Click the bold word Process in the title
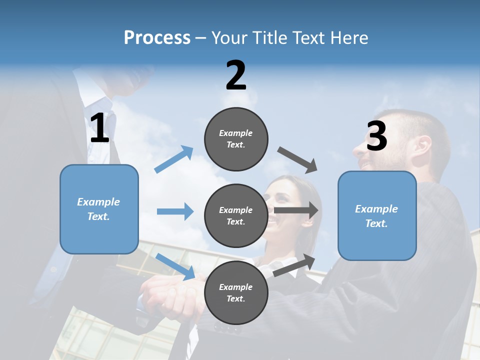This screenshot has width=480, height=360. click(x=157, y=38)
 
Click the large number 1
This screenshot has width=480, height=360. click(x=99, y=128)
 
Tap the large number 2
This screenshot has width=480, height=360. click(x=236, y=75)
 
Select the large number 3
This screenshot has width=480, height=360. click(x=376, y=136)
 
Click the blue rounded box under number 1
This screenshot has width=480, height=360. click(x=99, y=209)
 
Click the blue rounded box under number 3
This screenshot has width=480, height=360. click(x=377, y=216)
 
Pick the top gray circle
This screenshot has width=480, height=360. click(x=236, y=139)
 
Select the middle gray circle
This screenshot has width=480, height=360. click(x=236, y=215)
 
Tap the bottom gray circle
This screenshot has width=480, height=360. click(x=236, y=292)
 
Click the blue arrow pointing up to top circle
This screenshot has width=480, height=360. click(x=174, y=159)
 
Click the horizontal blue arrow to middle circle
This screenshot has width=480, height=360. click(x=175, y=211)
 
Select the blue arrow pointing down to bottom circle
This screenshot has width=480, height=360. click(x=175, y=266)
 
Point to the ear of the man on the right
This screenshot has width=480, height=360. click(x=421, y=147)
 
